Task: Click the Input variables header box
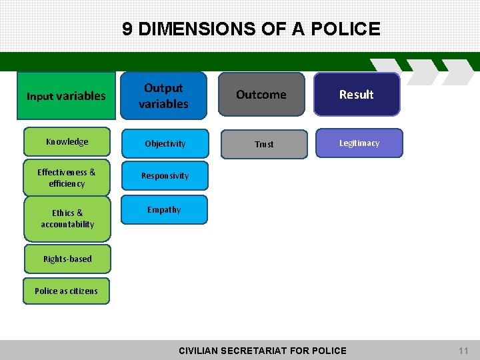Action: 66,95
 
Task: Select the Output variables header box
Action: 163,95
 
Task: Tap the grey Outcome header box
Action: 261,95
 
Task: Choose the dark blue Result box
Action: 357,95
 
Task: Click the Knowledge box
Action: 67,141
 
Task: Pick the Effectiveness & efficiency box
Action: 67,177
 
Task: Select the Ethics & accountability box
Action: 67,219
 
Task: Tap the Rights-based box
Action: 67,259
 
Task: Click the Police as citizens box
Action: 66,291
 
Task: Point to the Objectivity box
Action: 165,143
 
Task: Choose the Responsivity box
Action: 165,176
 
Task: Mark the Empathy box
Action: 164,209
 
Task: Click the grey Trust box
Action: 264,144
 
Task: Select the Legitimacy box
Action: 359,143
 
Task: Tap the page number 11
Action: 463,351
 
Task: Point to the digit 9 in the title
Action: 127,29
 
